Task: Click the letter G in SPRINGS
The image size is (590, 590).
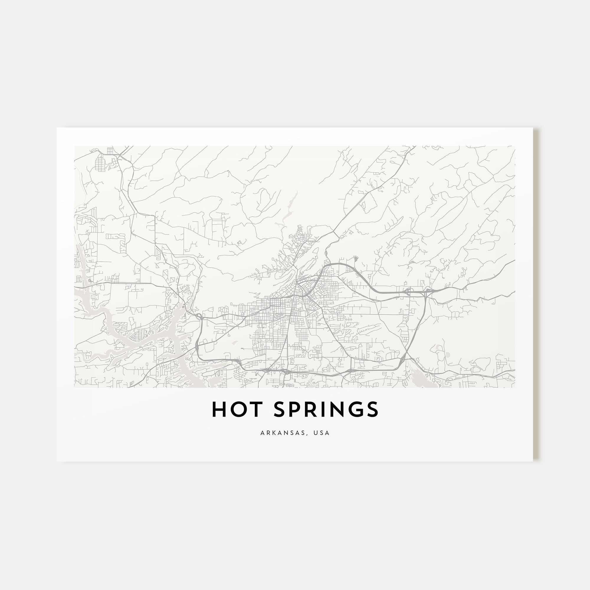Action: [x=356, y=409]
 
